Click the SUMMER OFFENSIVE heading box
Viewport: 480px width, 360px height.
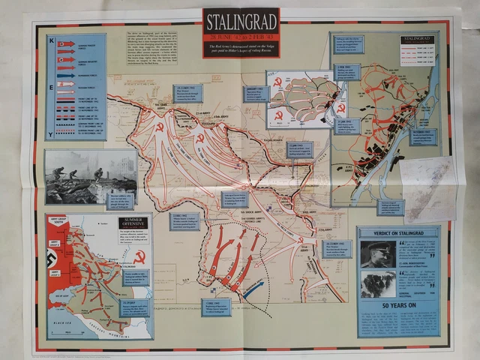pyautogui.click(x=133, y=223)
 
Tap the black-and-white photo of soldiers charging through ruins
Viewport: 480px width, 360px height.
pyautogui.click(x=90, y=177)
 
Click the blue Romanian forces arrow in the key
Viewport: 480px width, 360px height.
pyautogui.click(x=67, y=76)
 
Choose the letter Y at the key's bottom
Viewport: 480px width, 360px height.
pyautogui.click(x=52, y=134)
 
